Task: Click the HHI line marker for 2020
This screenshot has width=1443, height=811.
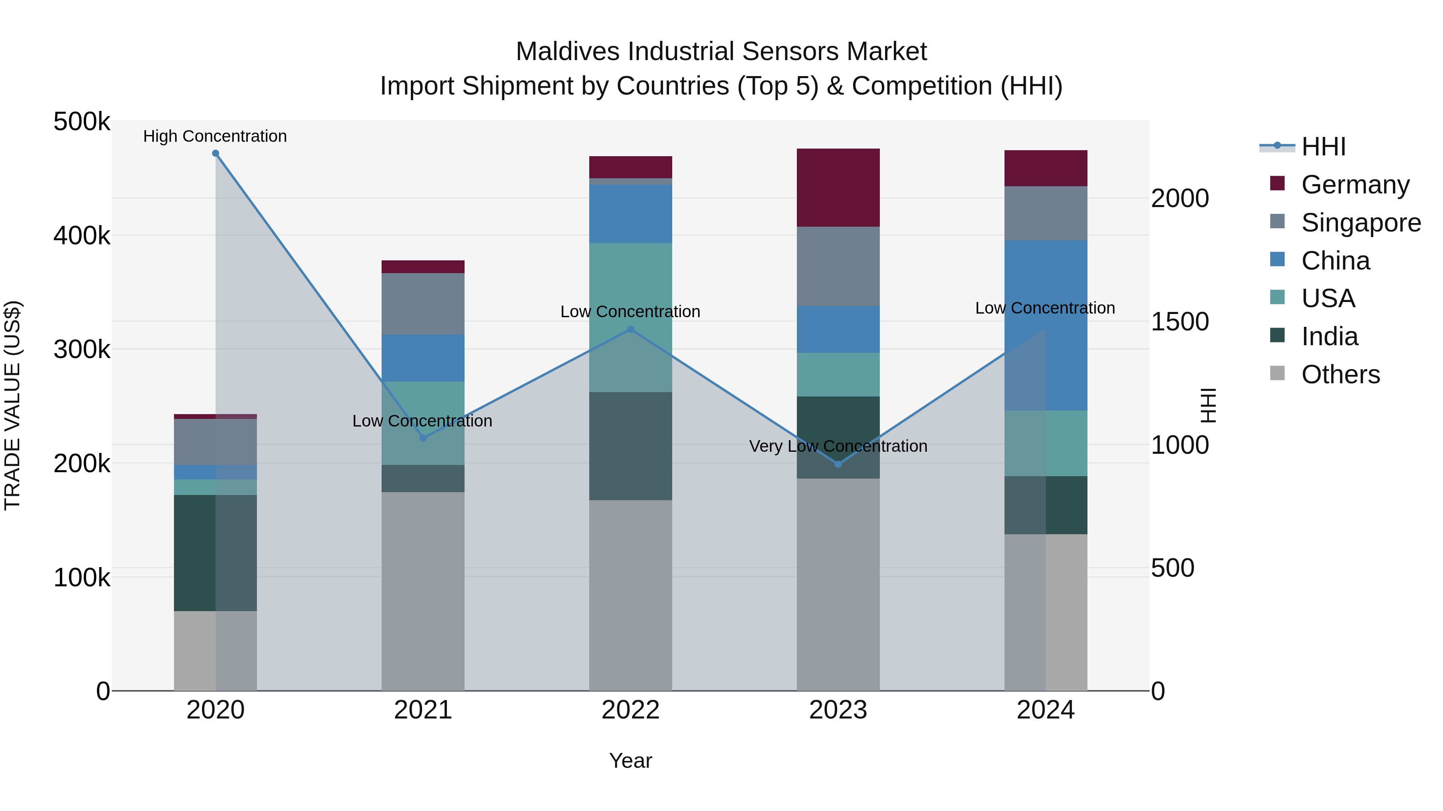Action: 216,153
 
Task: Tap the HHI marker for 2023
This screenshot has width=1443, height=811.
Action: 838,464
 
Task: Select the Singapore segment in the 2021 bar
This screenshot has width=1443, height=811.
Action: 423,304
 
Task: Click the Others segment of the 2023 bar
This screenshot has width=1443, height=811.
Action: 838,584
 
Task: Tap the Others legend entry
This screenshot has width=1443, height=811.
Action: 1340,374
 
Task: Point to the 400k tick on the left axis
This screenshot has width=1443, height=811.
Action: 82,235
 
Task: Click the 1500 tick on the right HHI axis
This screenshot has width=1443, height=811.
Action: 1180,322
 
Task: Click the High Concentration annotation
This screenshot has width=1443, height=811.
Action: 215,136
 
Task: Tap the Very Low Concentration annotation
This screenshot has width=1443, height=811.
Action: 838,446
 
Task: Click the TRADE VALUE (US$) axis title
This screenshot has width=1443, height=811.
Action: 12,405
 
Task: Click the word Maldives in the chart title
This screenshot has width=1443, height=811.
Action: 568,52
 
